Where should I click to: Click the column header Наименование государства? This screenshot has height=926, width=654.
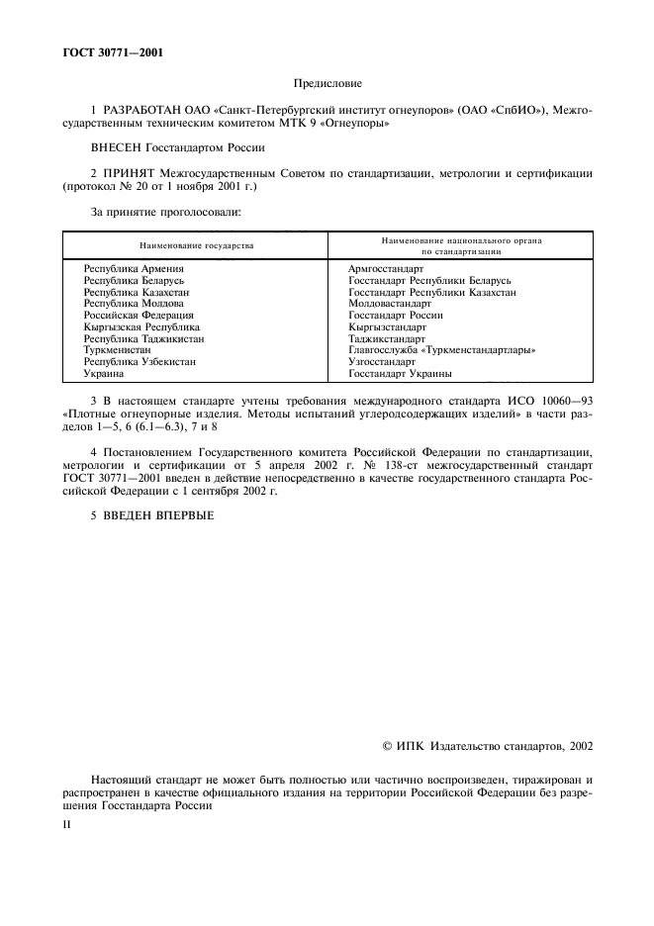point(196,244)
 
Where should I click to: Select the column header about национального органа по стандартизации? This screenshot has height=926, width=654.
point(461,244)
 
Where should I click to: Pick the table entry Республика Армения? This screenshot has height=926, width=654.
point(135,268)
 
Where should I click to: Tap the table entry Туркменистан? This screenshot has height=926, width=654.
point(118,350)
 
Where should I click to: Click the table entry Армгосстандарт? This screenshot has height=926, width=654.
point(386,268)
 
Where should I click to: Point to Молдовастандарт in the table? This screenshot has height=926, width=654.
point(390,304)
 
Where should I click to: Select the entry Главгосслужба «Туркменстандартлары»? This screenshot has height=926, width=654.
point(442,350)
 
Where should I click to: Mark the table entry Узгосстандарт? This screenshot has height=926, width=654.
point(382,362)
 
